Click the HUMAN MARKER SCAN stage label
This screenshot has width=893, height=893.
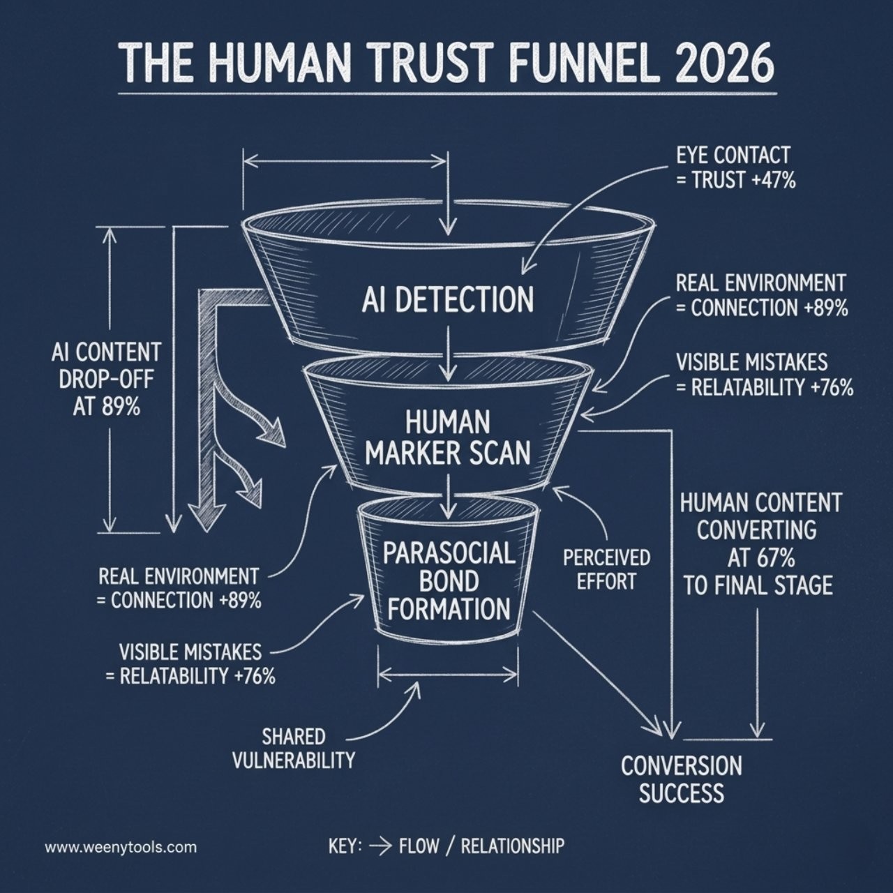(x=448, y=438)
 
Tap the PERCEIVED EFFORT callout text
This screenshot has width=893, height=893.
(x=606, y=569)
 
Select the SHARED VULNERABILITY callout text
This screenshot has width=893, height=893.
(x=293, y=749)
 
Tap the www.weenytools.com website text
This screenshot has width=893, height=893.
(x=121, y=847)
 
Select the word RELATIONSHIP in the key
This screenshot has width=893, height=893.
(x=513, y=846)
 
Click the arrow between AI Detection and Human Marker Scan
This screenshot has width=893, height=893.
(x=448, y=354)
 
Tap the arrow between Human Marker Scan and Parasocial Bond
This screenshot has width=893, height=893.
(x=447, y=495)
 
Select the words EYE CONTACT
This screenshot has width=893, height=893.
(x=733, y=156)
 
